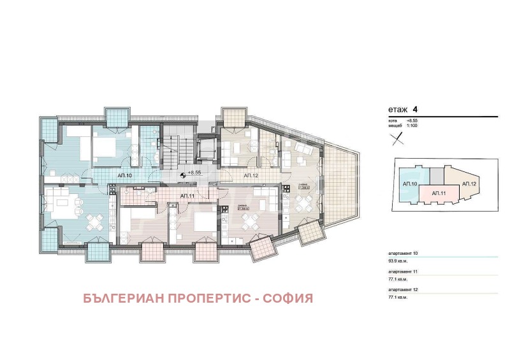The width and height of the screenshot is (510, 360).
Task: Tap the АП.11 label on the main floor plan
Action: (187, 196)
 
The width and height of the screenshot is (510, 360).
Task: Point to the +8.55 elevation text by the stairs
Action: (194, 173)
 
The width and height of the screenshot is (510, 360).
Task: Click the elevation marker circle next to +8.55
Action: (183, 173)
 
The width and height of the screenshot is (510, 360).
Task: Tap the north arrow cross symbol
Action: (397, 143)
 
